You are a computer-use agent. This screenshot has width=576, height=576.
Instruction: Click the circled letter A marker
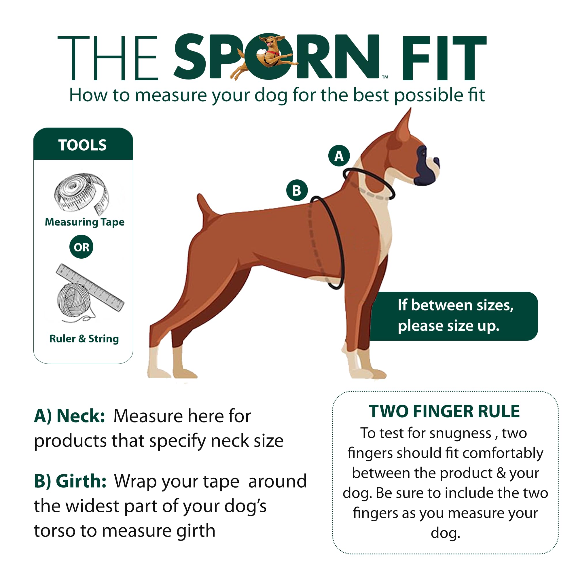[x=339, y=156]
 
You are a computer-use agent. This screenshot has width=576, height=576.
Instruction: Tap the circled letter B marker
[x=297, y=190]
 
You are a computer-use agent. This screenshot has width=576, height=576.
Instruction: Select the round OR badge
[x=82, y=247]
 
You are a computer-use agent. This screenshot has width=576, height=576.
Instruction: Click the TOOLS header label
[x=83, y=145]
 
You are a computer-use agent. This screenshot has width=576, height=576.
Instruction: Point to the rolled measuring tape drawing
[x=81, y=193]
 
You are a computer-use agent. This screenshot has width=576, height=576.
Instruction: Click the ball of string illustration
[x=73, y=300]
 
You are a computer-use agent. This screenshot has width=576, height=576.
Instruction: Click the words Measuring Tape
[x=85, y=222]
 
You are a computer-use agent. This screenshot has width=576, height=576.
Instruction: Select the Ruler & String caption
[x=84, y=339]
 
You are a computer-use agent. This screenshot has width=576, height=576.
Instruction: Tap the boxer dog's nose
[x=437, y=162]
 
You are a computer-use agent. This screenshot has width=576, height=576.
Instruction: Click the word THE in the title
[x=107, y=58]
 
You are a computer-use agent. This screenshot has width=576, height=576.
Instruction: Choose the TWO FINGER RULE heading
[x=444, y=412]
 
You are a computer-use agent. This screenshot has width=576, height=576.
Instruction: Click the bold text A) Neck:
[x=69, y=416]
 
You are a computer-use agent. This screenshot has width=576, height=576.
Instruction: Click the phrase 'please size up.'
[x=448, y=325]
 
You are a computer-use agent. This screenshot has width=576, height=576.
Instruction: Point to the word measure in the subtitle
[x=171, y=95]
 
